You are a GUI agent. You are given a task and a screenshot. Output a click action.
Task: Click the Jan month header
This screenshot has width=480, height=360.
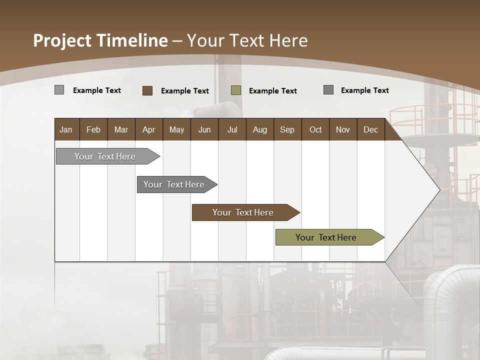click(66, 129)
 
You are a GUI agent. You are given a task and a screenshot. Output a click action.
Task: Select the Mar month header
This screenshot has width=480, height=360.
click(121, 129)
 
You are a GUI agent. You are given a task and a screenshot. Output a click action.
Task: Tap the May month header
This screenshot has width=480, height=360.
click(176, 129)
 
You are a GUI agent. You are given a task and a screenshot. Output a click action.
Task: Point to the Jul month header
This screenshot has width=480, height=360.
click(232, 129)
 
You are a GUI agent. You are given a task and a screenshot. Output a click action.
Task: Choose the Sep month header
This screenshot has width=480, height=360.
click(287, 129)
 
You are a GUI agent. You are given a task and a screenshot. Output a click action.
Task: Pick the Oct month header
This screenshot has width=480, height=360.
click(315, 129)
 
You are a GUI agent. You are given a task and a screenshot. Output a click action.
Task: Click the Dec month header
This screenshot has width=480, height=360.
click(370, 129)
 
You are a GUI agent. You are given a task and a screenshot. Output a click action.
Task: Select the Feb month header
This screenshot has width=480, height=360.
click(93, 129)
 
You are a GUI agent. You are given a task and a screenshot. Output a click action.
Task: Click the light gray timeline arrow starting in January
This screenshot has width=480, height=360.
click(105, 156)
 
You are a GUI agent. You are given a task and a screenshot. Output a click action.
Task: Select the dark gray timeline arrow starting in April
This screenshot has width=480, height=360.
click(174, 184)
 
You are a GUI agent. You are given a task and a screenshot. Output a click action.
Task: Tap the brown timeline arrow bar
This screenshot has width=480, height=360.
click(243, 212)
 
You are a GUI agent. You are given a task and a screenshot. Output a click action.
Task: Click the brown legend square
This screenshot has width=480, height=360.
click(147, 90)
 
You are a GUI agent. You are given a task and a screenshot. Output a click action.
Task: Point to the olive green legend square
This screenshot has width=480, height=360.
click(236, 90)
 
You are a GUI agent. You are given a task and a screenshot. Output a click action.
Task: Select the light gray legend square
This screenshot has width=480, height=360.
click(59, 90)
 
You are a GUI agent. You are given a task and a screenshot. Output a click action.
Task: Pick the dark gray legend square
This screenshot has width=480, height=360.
click(328, 90)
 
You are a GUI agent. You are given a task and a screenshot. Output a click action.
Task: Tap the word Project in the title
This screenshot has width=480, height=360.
click(62, 40)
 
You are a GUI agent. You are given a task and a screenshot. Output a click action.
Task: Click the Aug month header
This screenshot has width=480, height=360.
click(259, 129)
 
